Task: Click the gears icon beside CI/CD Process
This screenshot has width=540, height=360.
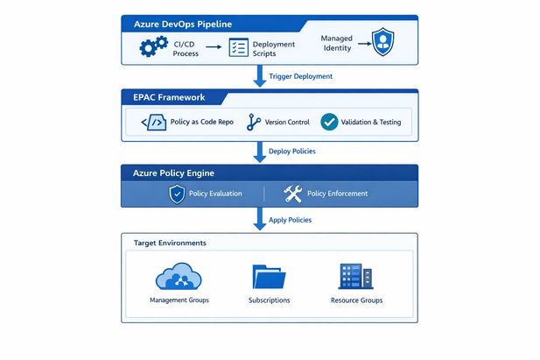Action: (153, 46)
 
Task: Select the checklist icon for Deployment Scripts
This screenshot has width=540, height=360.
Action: (238, 47)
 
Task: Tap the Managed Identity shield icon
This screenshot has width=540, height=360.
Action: (382, 42)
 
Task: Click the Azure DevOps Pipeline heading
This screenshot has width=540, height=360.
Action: (183, 25)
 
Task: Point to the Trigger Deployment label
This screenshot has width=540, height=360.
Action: (300, 76)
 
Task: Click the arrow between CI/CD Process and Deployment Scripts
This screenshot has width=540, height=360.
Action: (214, 47)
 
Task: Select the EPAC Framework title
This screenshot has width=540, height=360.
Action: (169, 97)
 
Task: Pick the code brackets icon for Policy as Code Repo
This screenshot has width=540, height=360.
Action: (153, 123)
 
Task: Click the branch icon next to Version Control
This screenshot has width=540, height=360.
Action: (254, 122)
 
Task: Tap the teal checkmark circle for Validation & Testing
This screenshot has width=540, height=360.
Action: (329, 122)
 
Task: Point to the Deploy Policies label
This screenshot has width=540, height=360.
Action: (292, 151)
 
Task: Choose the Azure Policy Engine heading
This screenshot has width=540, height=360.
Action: (173, 173)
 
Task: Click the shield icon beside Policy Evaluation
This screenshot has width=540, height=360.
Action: (177, 194)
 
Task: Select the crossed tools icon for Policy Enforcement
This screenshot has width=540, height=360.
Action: (292, 194)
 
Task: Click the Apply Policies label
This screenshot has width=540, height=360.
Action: (290, 220)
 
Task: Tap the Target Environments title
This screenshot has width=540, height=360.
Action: (170, 244)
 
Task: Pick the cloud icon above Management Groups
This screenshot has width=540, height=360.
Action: (179, 276)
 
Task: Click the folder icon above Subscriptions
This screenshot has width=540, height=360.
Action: (269, 277)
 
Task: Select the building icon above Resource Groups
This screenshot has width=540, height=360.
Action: (356, 276)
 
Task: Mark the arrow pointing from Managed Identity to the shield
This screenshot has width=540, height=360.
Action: (364, 44)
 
